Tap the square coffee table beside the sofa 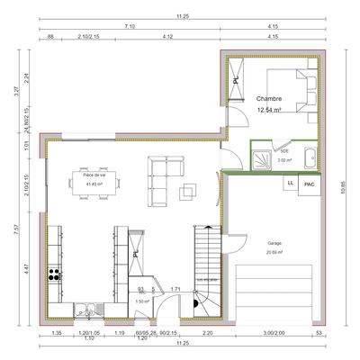[x=191, y=190]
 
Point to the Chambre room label [x=268, y=99]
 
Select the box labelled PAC [x=309, y=184]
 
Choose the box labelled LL [x=290, y=183]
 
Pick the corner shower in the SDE [x=262, y=156]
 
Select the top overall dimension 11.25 [x=181, y=16]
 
